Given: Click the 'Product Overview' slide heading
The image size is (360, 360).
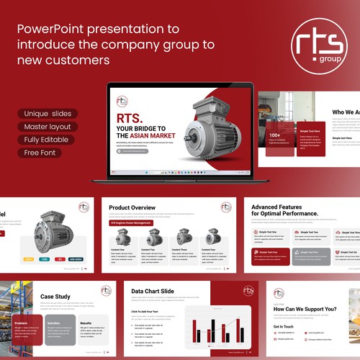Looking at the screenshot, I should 132,208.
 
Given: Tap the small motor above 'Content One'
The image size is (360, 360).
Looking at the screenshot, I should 123,237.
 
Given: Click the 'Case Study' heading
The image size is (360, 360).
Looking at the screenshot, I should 55,297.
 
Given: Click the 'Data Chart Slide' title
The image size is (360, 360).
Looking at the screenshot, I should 152,291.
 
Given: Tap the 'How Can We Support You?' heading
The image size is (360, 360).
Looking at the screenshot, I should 305,309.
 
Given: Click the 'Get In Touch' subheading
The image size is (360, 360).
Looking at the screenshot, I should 284,326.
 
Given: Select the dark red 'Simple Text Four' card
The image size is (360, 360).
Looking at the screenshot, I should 270,256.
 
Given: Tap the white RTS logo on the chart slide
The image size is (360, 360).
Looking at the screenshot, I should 248,291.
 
